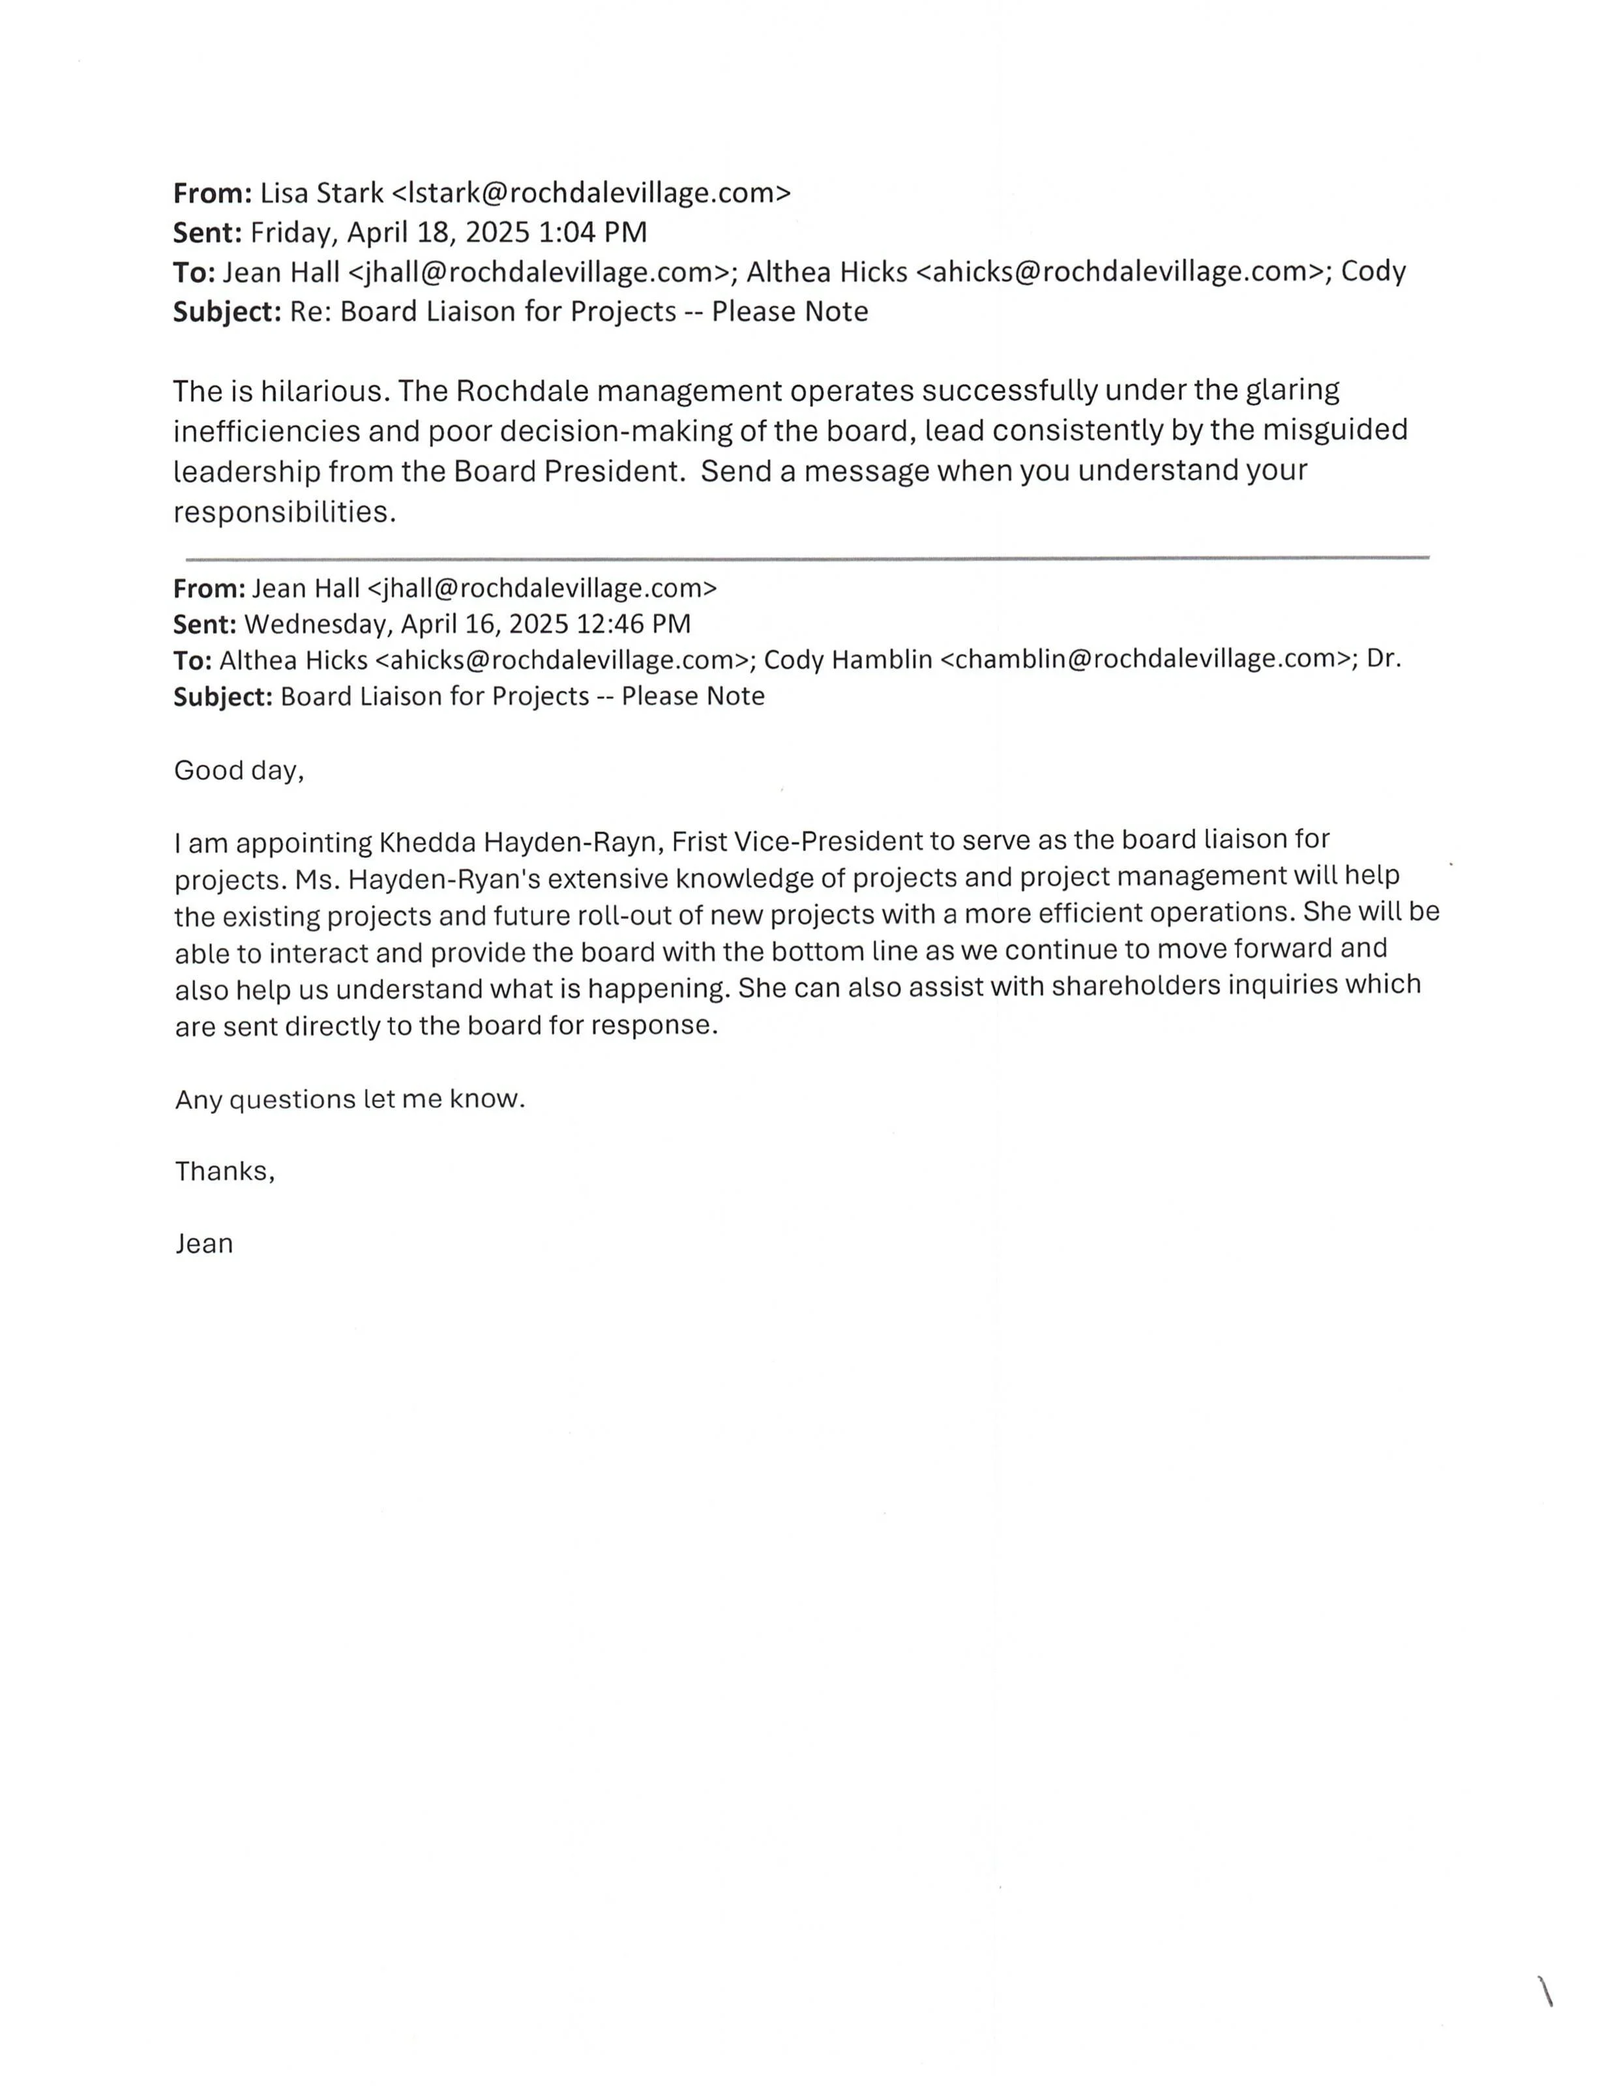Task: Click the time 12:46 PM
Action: [x=633, y=625]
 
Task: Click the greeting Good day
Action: [x=238, y=771]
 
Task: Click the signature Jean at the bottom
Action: [x=203, y=1244]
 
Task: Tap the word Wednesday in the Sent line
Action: [x=318, y=625]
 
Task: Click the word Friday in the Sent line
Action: [x=295, y=232]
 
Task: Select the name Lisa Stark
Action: [x=321, y=193]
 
